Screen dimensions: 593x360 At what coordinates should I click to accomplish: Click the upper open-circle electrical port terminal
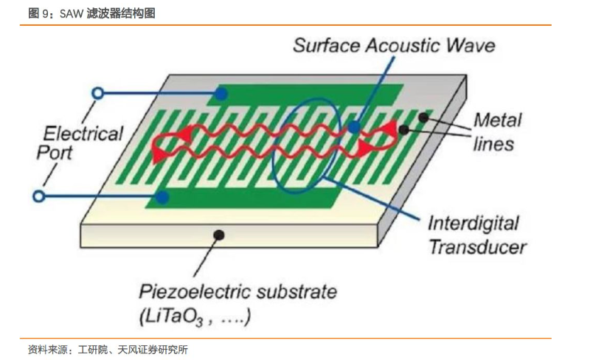click(x=98, y=93)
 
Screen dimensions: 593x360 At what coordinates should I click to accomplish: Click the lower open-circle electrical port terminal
click(x=38, y=196)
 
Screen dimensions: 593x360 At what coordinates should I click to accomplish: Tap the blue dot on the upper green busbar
click(x=221, y=94)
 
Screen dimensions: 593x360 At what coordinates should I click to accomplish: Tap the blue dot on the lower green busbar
click(x=162, y=197)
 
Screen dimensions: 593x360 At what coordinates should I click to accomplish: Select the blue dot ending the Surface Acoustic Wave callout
click(x=354, y=127)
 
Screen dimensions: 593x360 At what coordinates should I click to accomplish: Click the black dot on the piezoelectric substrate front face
click(x=218, y=235)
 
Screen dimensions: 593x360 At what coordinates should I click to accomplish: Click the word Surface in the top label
click(x=327, y=46)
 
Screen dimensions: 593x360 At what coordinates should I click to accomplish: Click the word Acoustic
click(x=403, y=46)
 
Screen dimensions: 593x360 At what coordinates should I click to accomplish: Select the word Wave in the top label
click(x=471, y=46)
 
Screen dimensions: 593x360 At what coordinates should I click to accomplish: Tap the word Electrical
click(x=83, y=134)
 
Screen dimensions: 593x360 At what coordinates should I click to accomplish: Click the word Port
click(x=54, y=153)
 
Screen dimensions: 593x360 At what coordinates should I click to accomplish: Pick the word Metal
click(x=498, y=120)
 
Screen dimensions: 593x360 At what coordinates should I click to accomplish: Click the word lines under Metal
click(x=493, y=144)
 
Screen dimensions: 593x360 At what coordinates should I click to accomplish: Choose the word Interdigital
click(x=474, y=224)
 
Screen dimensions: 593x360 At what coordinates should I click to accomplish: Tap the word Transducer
click(x=478, y=247)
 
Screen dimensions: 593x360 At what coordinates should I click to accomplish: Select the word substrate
click(x=296, y=291)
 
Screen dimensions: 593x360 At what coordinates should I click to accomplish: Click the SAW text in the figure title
click(x=72, y=13)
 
